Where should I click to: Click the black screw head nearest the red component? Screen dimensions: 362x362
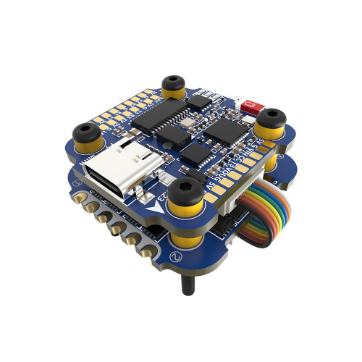[273, 116]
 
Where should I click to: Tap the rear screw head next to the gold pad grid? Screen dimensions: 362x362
[172, 81]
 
